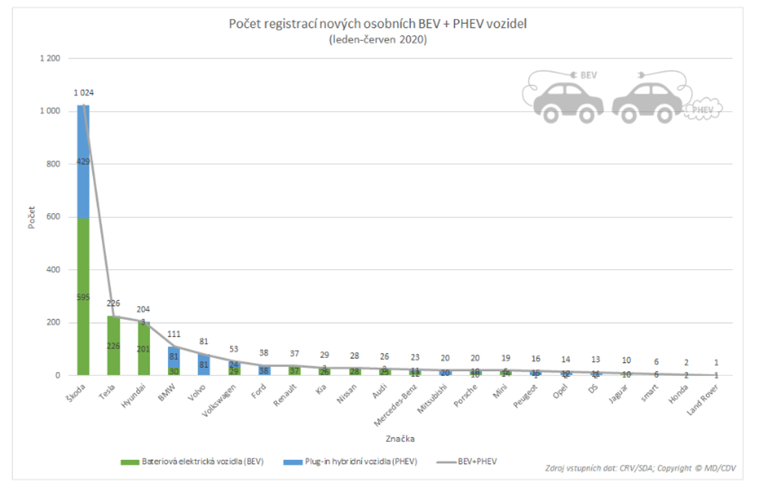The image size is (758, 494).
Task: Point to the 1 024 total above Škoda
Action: [83, 93]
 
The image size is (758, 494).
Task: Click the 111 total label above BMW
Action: [174, 334]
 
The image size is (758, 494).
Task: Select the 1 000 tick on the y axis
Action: [50, 111]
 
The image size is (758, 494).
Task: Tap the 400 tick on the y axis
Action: [53, 270]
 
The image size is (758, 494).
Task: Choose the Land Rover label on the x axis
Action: [702, 400]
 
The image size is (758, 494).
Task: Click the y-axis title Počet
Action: [31, 217]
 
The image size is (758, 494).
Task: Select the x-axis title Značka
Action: [400, 439]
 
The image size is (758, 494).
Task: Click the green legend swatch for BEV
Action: [130, 462]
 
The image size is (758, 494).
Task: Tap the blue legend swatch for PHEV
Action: [293, 462]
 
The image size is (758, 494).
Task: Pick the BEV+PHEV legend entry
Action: [467, 461]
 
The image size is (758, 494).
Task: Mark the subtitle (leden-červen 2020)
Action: [378, 40]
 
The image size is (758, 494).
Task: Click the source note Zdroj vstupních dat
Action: [640, 468]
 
